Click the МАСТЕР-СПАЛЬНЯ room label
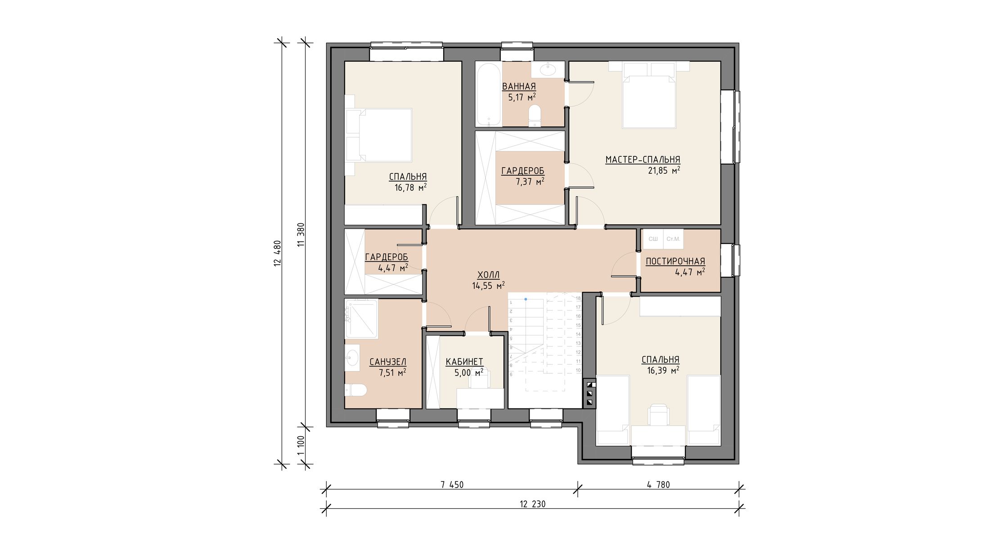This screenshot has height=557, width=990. point(643,159)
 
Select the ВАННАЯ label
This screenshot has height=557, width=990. point(519,86)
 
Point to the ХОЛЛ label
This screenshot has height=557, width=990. point(488,275)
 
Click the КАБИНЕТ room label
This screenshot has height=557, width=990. point(464,362)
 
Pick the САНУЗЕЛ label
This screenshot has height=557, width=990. point(388,362)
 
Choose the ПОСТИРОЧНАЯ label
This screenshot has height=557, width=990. point(675,261)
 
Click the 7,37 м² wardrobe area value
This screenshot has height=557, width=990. point(530,181)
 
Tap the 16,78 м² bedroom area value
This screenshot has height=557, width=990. point(410,187)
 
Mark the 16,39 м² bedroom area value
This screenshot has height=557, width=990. point(663,370)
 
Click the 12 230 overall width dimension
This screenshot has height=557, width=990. point(532,504)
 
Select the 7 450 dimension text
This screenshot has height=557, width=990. point(452,485)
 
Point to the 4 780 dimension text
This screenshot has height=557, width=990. point(658,485)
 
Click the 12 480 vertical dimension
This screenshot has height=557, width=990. point(277,254)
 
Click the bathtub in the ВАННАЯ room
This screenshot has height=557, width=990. point(488,94)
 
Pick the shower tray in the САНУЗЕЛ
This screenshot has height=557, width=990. point(361,319)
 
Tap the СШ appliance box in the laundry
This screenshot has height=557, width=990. point(653,239)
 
